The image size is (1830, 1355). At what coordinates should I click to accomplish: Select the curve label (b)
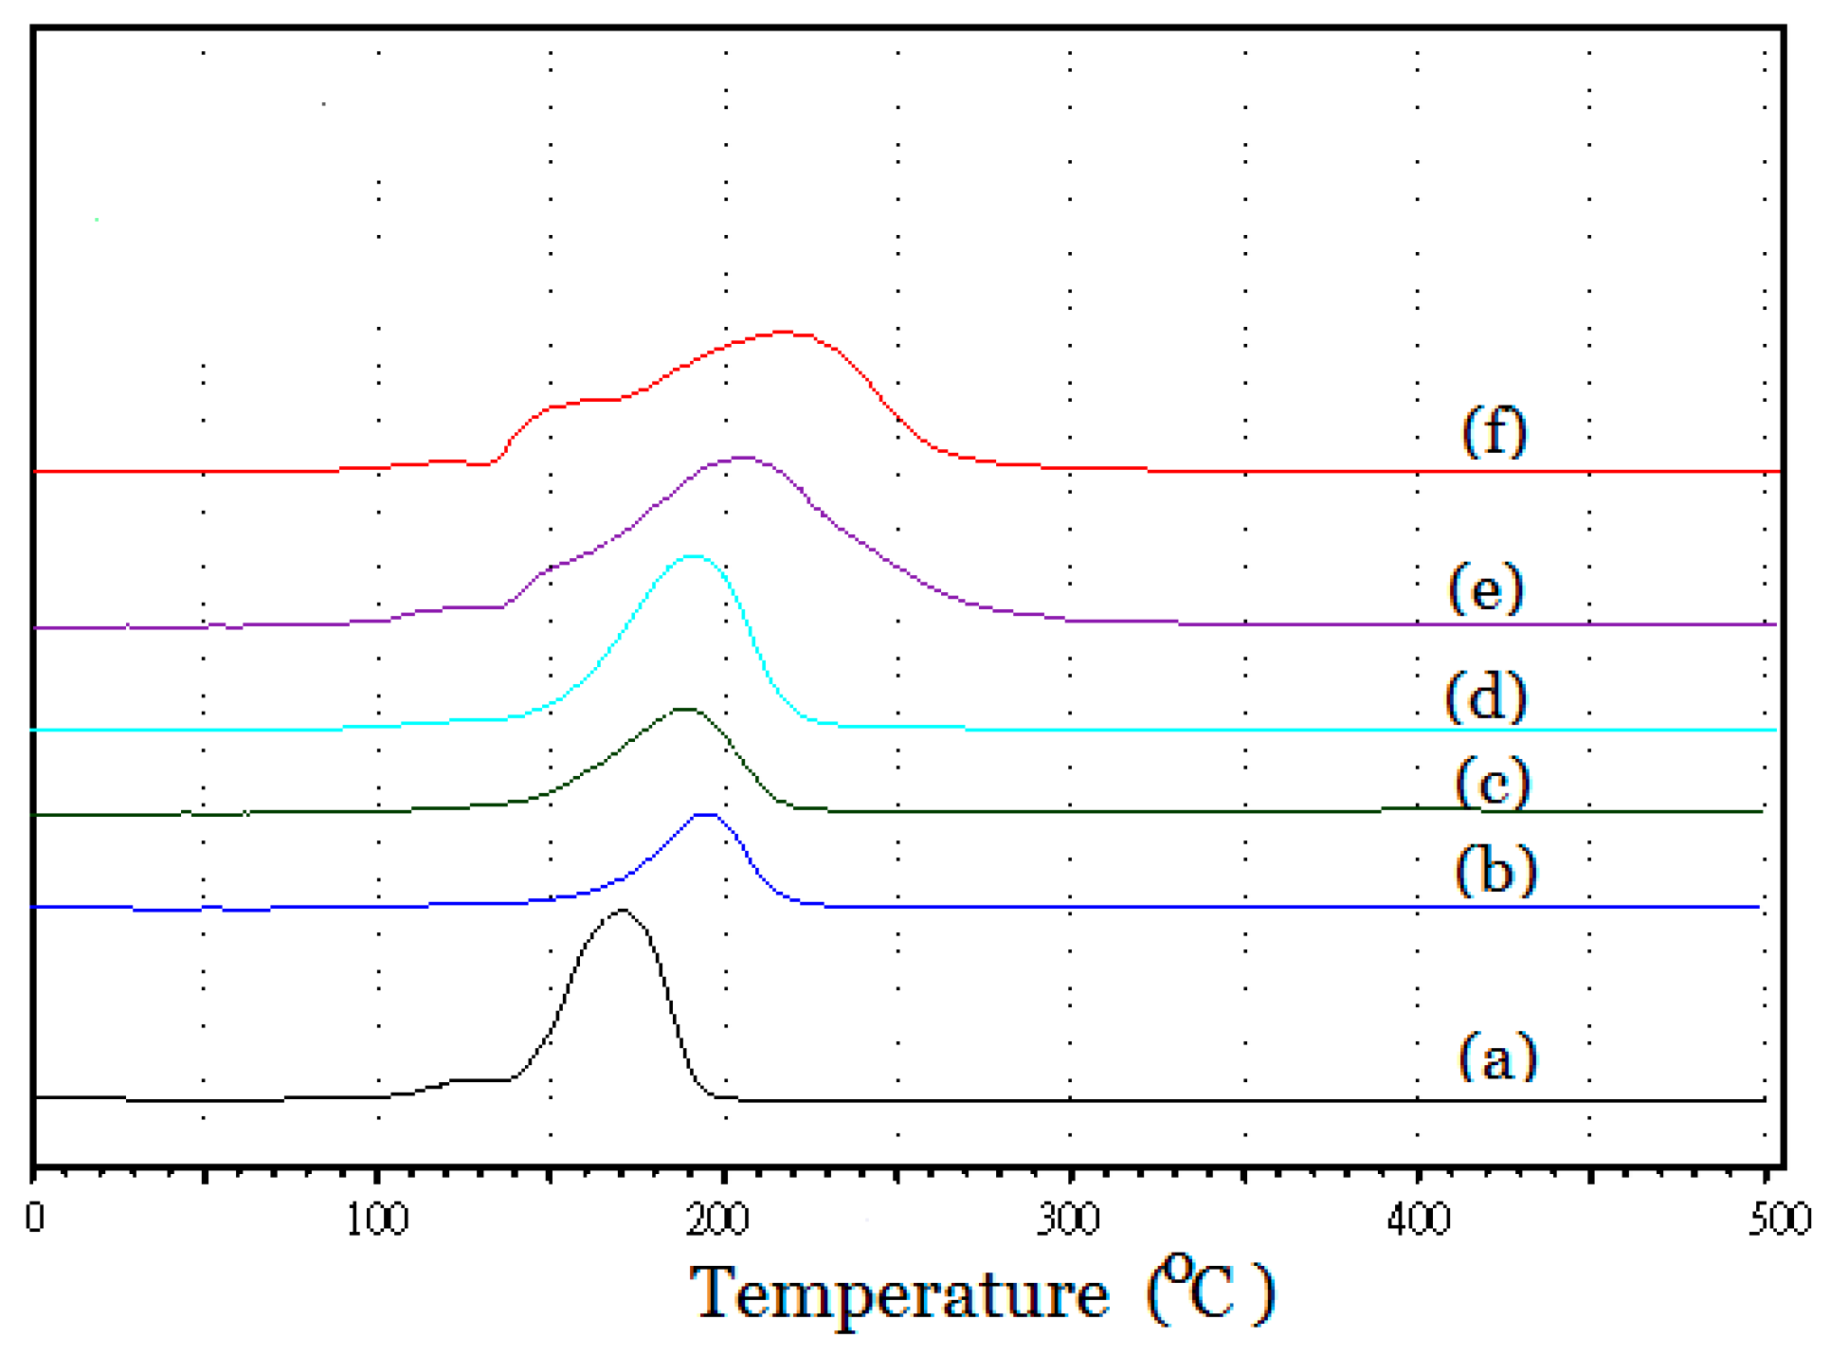1495,869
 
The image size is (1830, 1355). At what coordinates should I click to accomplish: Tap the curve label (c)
1493,783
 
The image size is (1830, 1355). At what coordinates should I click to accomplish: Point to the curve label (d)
1486,696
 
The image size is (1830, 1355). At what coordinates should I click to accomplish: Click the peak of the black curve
622,911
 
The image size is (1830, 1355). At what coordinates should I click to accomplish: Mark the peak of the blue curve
706,814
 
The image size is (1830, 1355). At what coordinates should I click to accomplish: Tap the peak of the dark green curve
684,709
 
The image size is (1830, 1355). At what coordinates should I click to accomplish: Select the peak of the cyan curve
694,556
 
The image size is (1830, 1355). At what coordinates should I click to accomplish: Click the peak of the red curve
783,332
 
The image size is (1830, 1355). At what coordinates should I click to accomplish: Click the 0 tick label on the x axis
35,1218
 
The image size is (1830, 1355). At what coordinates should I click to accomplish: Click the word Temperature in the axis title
898,1294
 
